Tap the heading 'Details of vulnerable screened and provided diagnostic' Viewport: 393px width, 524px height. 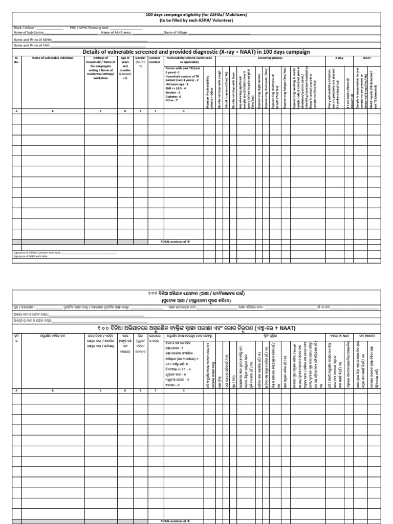pyautogui.click(x=196, y=52)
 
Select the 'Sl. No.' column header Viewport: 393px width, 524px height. pyautogui.click(x=16, y=60)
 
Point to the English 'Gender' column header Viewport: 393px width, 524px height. pyautogui.click(x=140, y=58)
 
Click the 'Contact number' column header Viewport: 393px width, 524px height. pyautogui.click(x=154, y=60)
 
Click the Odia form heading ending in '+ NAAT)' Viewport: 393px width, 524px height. pyautogui.click(x=196, y=327)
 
